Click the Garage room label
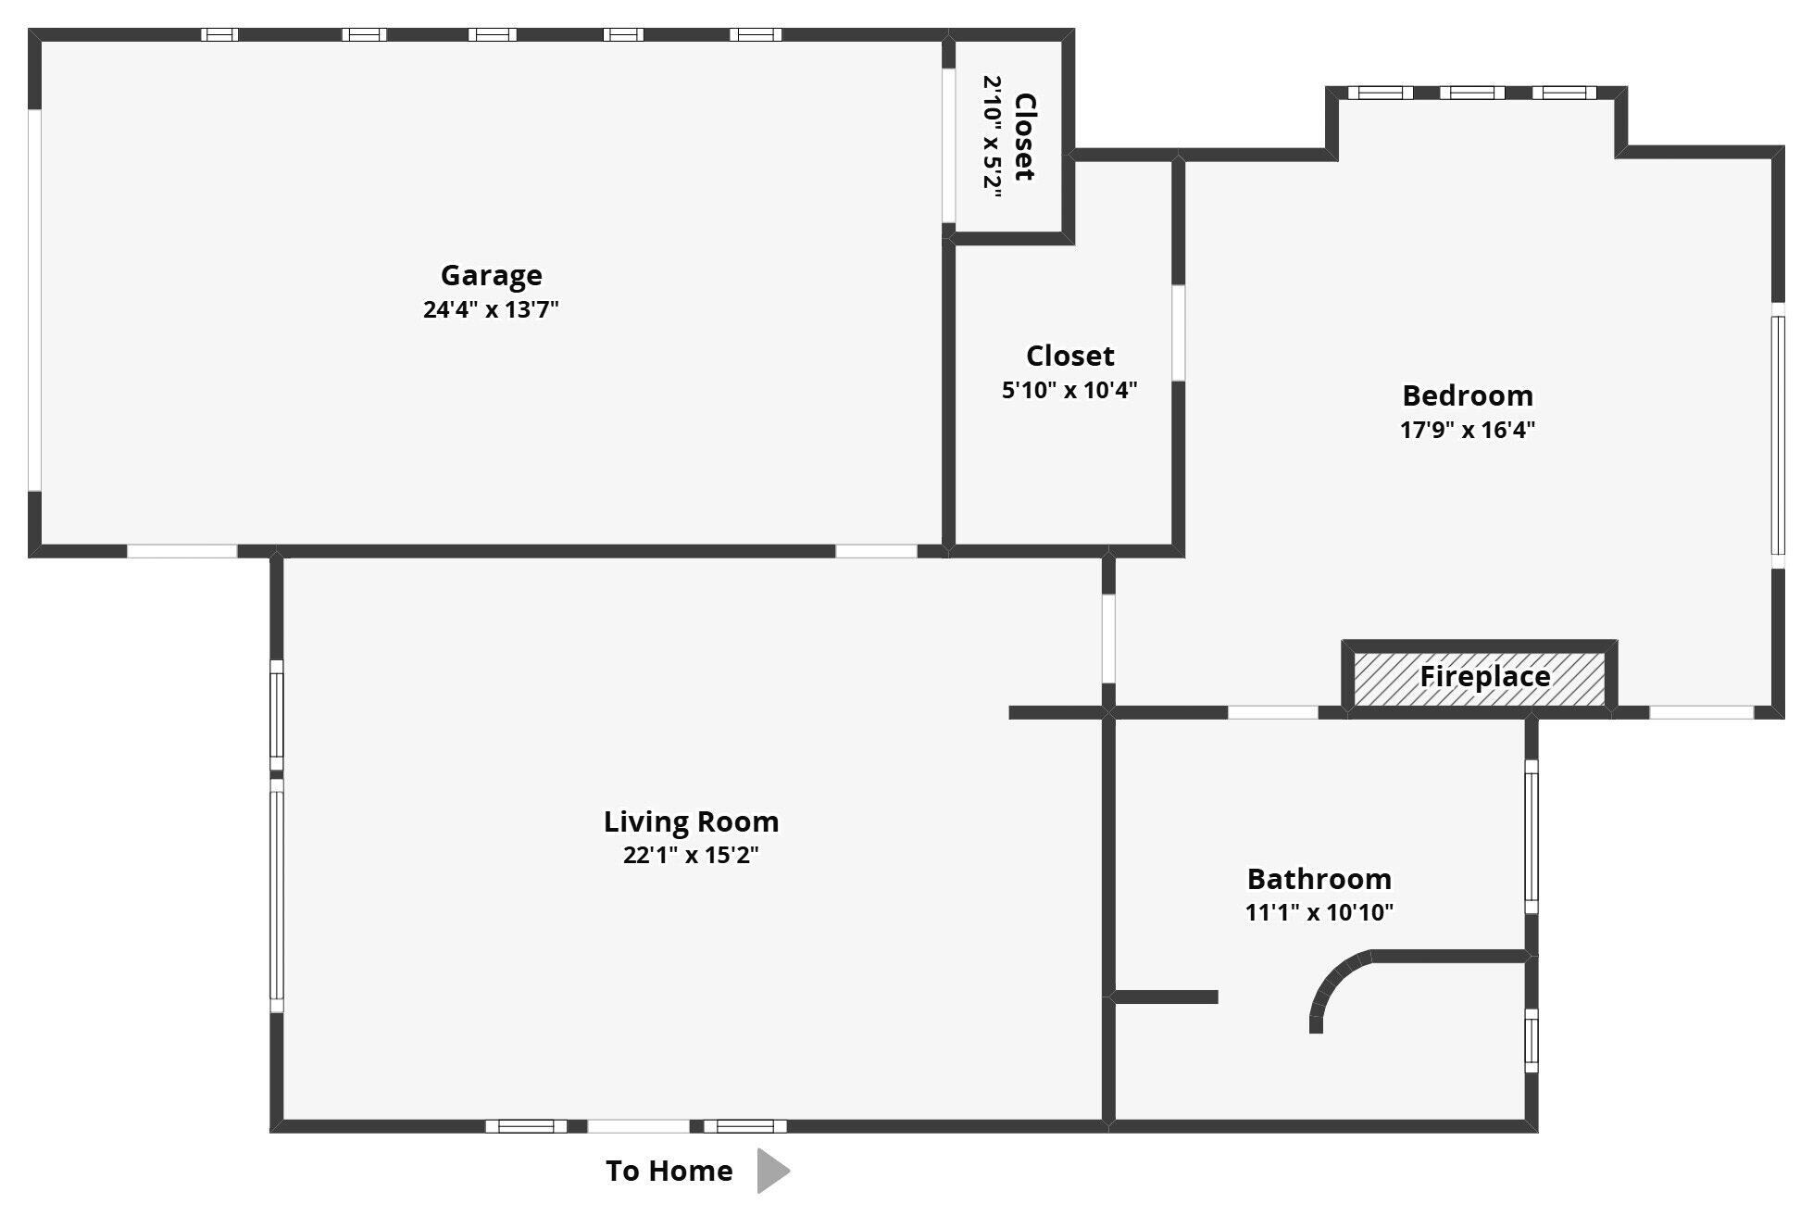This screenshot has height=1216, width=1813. coord(491,275)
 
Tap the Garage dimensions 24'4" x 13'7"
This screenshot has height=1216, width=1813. coord(491,309)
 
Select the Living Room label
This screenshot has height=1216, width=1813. coord(691,821)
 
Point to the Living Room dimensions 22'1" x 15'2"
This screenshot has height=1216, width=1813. coord(691,855)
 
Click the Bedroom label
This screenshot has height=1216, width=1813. coord(1468,395)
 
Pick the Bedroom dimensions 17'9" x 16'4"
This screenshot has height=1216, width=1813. coord(1468,430)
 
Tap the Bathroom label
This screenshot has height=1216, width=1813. coord(1319,878)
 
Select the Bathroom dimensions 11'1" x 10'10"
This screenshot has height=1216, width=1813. coord(1319,912)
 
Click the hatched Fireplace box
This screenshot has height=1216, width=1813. coord(1480,678)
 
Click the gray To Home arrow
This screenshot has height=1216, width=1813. coord(773,1171)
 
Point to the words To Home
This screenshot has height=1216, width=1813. coord(669,1171)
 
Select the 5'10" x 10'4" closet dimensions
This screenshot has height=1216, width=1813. coord(1069,390)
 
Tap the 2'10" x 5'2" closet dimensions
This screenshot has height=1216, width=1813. coord(993,132)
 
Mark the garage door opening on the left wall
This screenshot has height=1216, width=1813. coord(34,300)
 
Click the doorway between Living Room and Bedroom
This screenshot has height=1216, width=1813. coord(1108,639)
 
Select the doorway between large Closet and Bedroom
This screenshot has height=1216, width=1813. coord(1178,332)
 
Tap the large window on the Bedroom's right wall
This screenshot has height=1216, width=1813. coord(1778,435)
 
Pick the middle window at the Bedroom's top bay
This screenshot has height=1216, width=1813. coord(1472,93)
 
